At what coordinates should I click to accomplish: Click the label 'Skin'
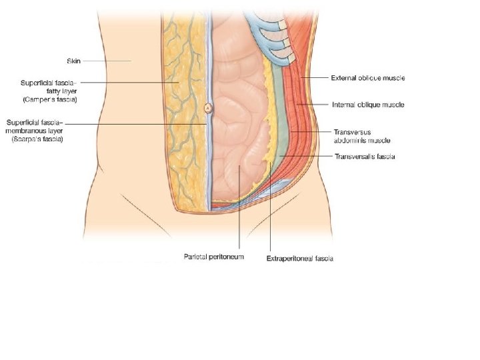coord(73,60)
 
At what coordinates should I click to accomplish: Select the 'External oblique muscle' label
coord(367,78)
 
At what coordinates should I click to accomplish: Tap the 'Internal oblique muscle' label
coord(367,105)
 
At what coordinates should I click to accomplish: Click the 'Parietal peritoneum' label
coord(213,256)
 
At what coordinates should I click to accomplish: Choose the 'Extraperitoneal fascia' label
coord(299,258)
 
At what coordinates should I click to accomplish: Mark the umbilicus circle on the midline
coord(208,107)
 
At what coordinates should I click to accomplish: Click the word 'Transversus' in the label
coord(349,133)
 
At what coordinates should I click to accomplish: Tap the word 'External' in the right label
coord(343,78)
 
